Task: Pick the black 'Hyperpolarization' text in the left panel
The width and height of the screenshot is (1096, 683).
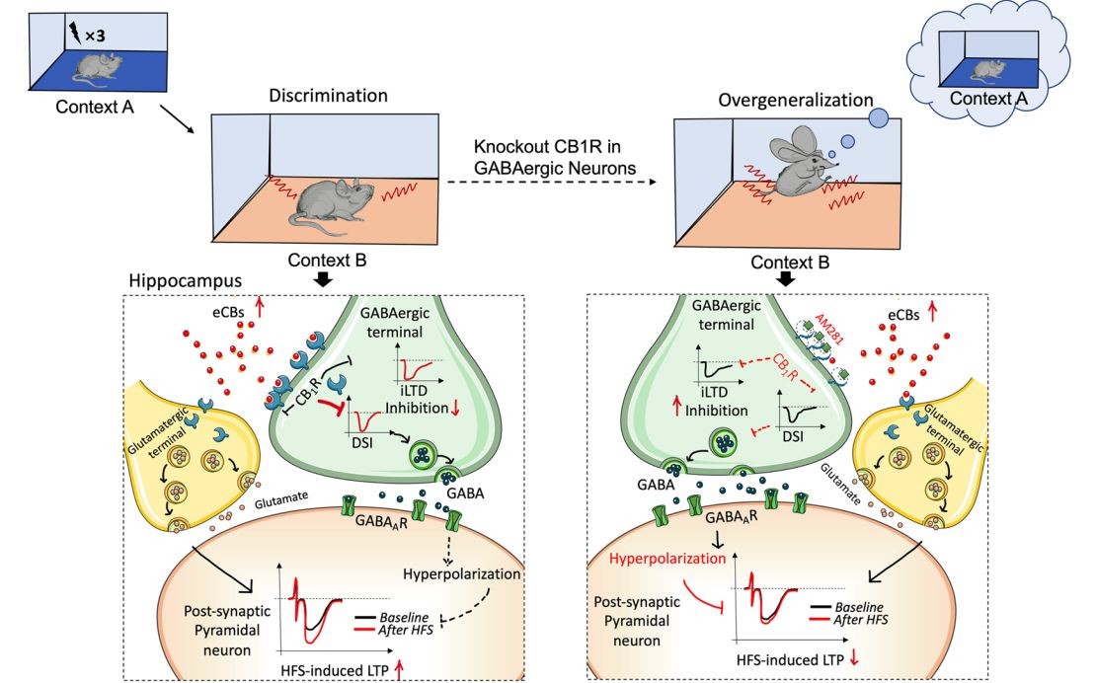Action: point(460,573)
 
